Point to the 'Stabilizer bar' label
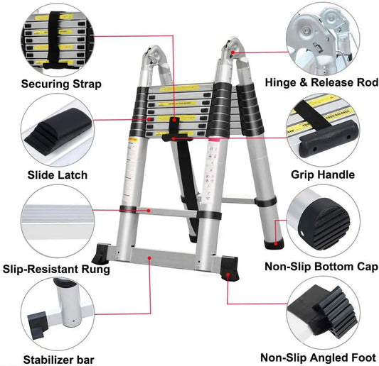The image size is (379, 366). pos(58,359)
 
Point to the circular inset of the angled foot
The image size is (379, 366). pos(324,312)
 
